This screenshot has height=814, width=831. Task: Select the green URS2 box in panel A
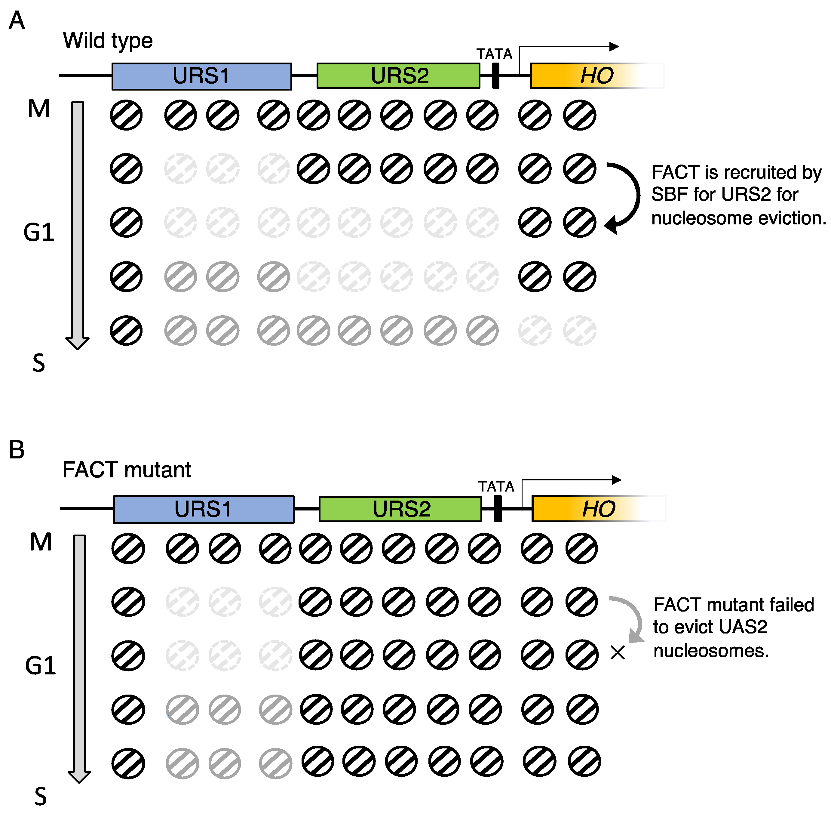point(398,76)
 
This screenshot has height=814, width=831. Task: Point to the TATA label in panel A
point(494,54)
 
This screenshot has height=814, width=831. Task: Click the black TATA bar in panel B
point(497,509)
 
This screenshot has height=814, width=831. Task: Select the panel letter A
point(17,20)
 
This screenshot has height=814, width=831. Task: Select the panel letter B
point(17,450)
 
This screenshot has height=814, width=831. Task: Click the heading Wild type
point(108,41)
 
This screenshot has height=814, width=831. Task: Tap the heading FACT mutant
point(127,470)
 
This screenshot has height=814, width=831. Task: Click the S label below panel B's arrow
point(40,797)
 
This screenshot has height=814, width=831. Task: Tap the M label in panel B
point(41,542)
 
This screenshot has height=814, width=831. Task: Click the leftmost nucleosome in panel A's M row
point(126,115)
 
